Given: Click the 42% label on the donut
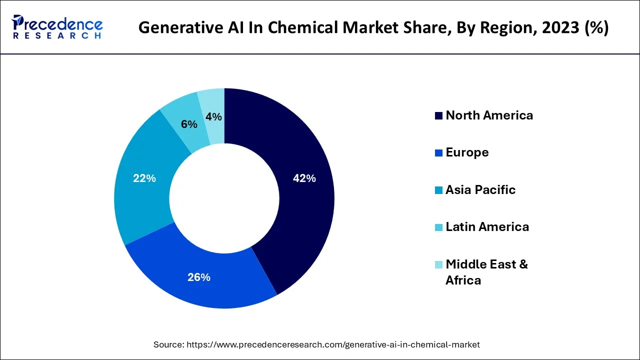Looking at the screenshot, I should point(304,178).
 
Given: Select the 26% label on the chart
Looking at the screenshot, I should point(198,277).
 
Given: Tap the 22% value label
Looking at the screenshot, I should point(144,178).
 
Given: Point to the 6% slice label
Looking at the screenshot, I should point(189,124).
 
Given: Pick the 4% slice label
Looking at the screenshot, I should point(213,117).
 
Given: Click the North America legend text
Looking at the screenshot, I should point(489,115).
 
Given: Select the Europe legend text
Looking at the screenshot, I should point(467,152).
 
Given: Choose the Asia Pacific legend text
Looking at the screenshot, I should point(480,190).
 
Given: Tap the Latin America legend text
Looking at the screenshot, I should point(487,227).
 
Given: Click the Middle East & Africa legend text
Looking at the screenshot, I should point(486,272).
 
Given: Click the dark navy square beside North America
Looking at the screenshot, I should point(438,116).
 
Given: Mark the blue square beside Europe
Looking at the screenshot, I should point(438,153).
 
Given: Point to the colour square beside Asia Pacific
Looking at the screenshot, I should point(438,190).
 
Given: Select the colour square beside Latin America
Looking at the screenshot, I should point(438,227).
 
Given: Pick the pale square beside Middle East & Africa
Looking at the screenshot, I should point(438,264).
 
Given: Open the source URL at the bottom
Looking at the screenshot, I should point(332,344).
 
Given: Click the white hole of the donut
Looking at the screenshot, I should point(224,198).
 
